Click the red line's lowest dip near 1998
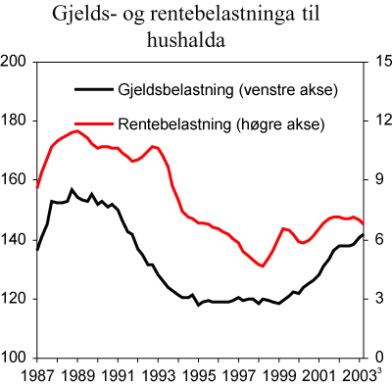(262, 266)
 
